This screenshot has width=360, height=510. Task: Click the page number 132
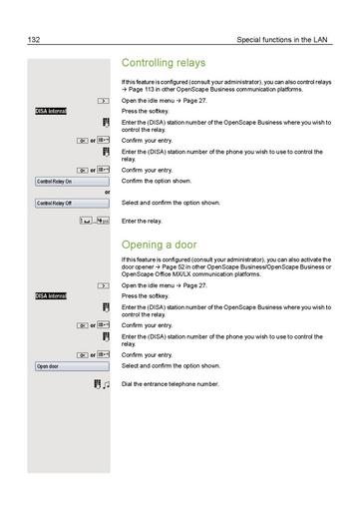click(35, 41)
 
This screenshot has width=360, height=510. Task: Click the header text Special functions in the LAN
click(284, 41)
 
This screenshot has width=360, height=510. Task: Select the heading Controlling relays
click(163, 63)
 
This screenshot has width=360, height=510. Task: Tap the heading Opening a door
click(158, 245)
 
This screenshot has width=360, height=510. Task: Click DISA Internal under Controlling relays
click(51, 111)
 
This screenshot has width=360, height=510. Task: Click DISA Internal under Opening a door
click(51, 296)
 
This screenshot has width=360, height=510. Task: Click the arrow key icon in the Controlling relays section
click(102, 101)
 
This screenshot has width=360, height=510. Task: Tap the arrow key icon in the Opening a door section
click(102, 285)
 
